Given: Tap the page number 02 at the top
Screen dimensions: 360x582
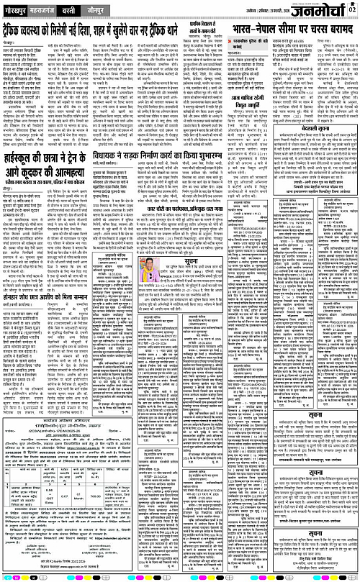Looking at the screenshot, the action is pos(353,9).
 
